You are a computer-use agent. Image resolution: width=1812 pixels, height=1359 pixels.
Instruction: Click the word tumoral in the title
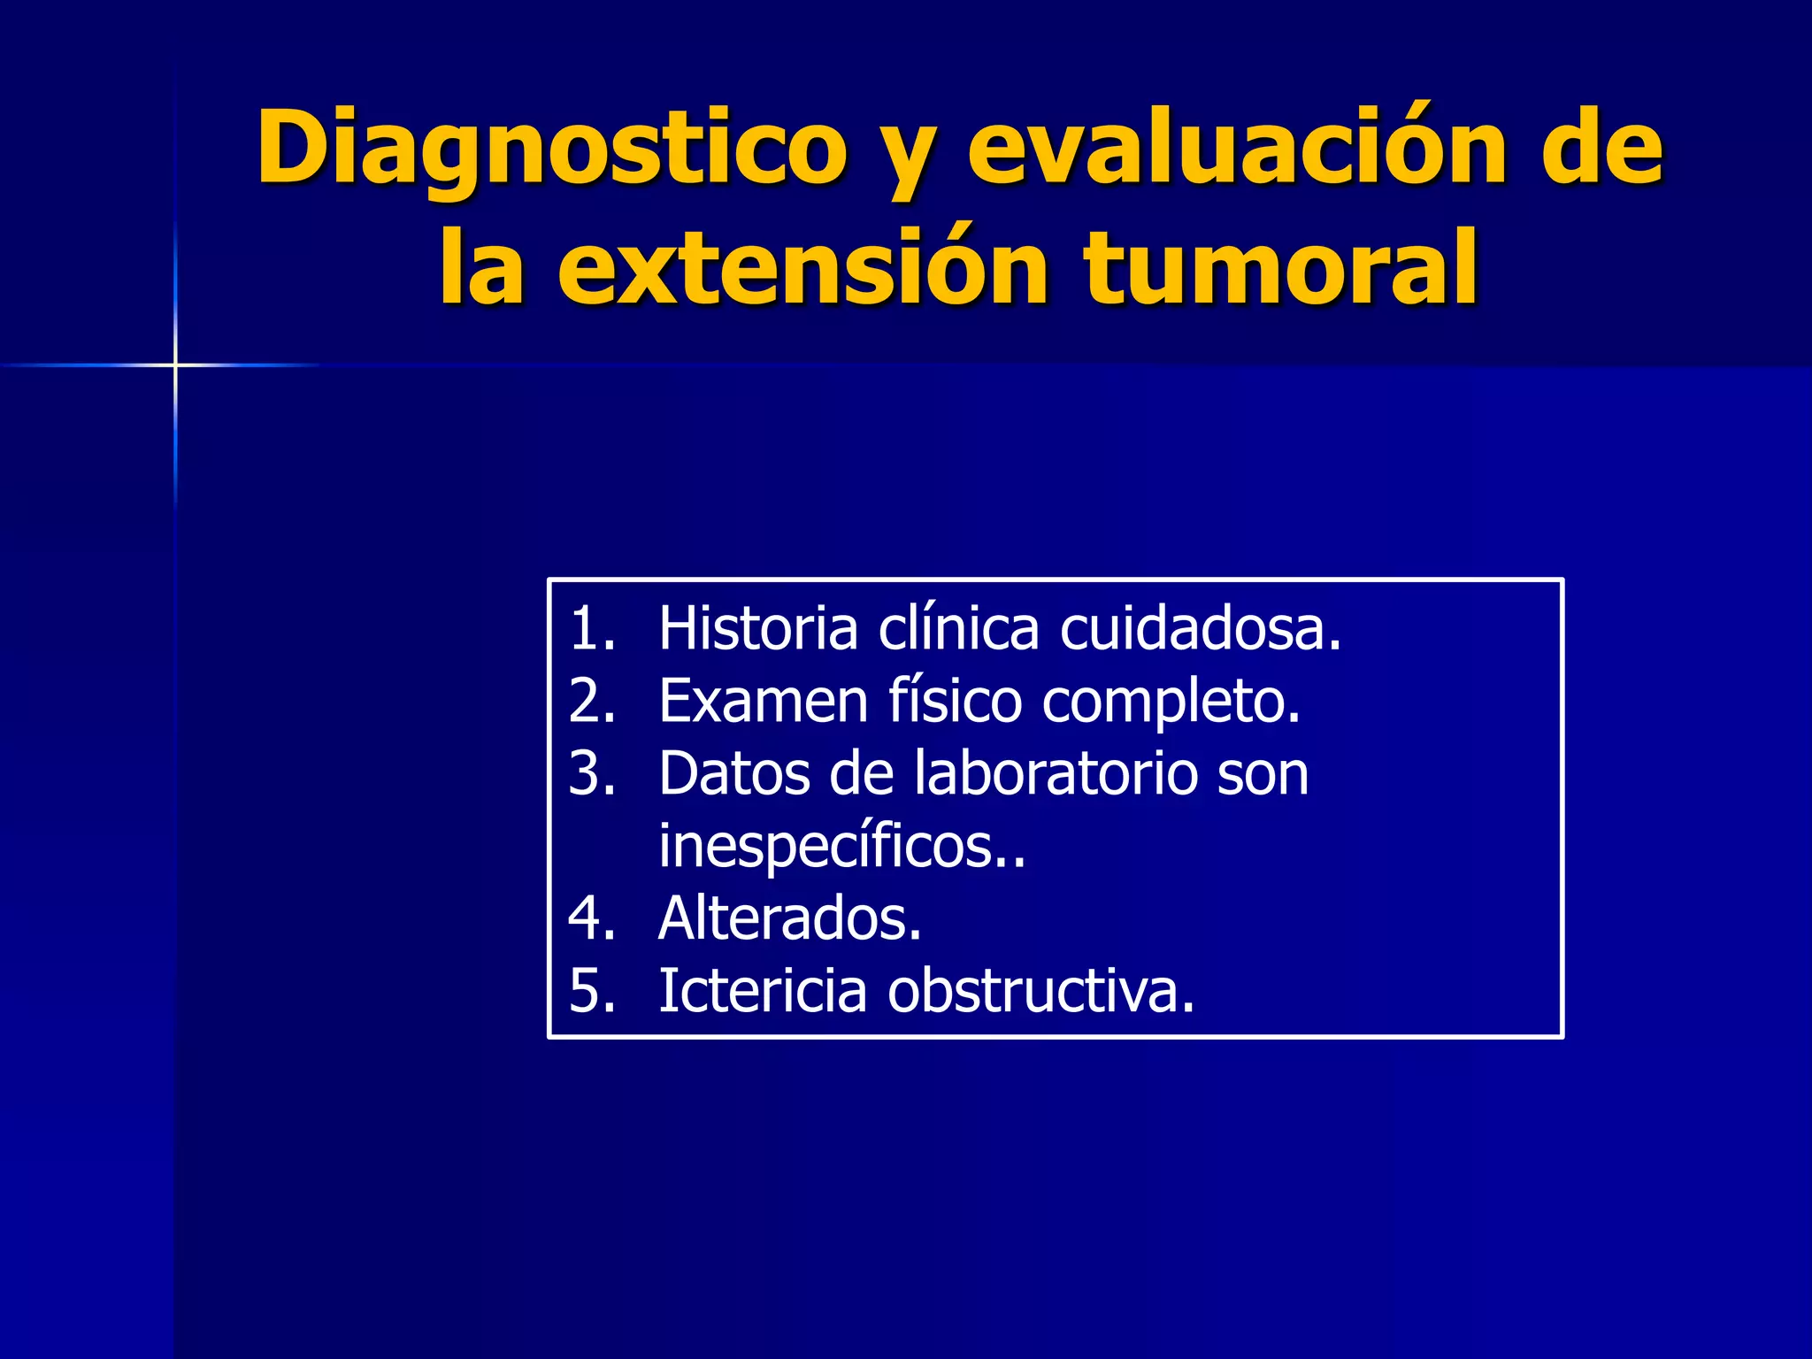1281,268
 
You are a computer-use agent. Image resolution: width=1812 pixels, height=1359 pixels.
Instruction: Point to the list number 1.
590,629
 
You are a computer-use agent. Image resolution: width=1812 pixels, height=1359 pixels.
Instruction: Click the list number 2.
590,702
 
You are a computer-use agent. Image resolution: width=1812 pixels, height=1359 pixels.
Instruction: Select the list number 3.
590,774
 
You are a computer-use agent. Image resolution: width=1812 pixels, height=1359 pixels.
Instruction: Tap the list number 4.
590,918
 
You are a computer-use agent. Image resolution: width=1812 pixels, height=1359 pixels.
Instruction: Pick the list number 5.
590,991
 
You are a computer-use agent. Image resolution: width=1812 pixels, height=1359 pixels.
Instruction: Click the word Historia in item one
758,629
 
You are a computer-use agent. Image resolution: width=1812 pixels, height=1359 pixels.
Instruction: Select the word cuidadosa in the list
1200,629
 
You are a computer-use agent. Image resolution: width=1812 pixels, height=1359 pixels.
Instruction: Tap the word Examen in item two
764,702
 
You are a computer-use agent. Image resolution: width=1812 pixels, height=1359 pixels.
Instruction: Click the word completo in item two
1170,702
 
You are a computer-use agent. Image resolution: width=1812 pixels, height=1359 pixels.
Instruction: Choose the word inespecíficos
841,847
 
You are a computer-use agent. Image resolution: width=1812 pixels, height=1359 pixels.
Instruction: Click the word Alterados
789,918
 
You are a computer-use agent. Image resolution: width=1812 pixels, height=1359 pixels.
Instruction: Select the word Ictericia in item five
763,991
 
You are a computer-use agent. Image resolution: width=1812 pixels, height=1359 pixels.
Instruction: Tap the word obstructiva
1040,991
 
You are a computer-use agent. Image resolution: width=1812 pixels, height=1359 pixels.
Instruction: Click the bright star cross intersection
175,365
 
